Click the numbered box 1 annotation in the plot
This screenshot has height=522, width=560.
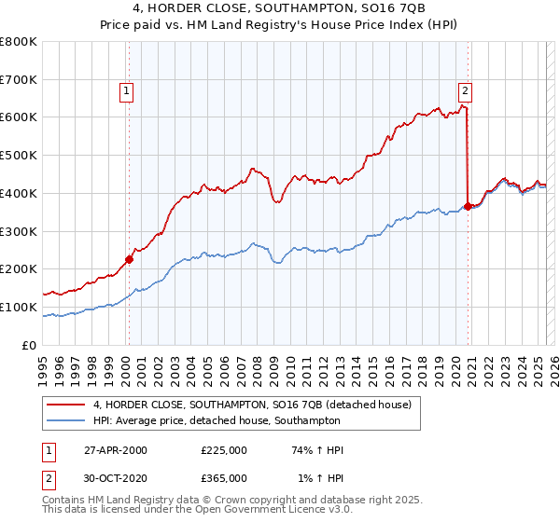125,90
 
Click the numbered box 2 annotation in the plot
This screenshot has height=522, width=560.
465,90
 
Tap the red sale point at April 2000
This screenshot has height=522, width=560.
129,259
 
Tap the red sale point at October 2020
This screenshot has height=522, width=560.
468,206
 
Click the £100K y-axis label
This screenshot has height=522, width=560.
20,307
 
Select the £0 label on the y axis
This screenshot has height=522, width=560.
30,345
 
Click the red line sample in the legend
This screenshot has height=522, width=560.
66,405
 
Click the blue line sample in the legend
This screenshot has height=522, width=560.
66,420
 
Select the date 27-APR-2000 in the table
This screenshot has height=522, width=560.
116,450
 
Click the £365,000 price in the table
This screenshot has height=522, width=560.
224,477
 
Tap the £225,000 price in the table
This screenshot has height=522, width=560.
224,450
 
